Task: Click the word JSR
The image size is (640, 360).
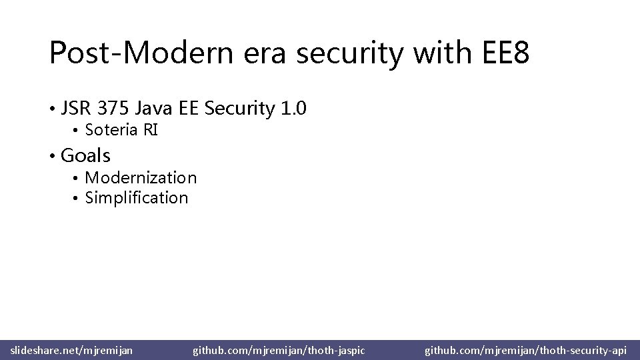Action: point(77,108)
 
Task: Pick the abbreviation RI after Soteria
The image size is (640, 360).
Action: point(149,130)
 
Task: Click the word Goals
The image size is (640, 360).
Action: point(85,156)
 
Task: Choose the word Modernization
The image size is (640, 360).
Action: point(141,178)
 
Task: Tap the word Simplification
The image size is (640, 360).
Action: point(137,198)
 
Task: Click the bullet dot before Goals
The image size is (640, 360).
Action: point(51,157)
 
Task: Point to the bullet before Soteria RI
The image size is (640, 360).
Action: point(77,131)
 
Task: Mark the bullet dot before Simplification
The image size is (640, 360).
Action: point(77,199)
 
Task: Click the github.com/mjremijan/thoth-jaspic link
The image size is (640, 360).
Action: point(279,349)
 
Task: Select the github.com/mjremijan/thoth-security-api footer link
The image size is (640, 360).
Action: point(526,349)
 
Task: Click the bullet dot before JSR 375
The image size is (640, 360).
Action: point(51,109)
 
